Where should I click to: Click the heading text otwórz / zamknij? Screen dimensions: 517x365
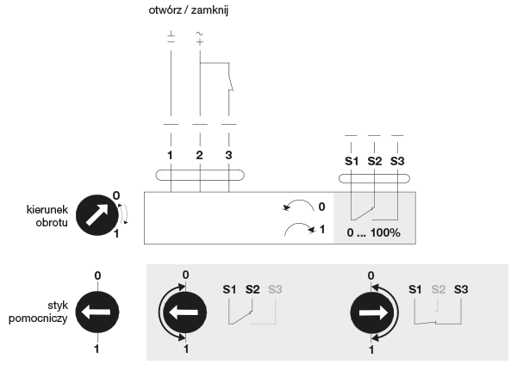pyautogui.click(x=188, y=10)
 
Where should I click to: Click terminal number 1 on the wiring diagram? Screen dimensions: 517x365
pyautogui.click(x=170, y=155)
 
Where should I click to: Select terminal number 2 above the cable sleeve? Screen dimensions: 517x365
pyautogui.click(x=200, y=155)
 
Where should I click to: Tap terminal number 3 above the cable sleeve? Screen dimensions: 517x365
pyautogui.click(x=228, y=155)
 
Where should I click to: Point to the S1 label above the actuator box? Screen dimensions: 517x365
pyautogui.click(x=352, y=161)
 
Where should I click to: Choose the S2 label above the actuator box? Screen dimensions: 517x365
pyautogui.click(x=375, y=161)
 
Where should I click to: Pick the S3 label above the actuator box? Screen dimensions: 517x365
pyautogui.click(x=397, y=161)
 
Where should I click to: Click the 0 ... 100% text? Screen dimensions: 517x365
pyautogui.click(x=374, y=233)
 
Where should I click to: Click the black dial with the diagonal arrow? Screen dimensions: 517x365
pyautogui.click(x=97, y=215)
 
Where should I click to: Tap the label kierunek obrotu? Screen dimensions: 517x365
pyautogui.click(x=47, y=216)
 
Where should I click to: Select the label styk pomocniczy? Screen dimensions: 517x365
pyautogui.click(x=38, y=312)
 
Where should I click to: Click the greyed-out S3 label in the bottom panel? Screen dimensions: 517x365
pyautogui.click(x=275, y=289)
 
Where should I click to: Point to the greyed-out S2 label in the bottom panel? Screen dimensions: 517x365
pyautogui.click(x=439, y=289)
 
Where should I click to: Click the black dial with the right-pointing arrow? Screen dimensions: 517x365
pyautogui.click(x=372, y=312)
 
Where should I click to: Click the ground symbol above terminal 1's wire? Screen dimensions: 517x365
pyautogui.click(x=171, y=37)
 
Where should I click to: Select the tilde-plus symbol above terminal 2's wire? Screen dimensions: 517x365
pyautogui.click(x=200, y=38)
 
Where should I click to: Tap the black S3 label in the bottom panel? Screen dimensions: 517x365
pyautogui.click(x=461, y=289)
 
